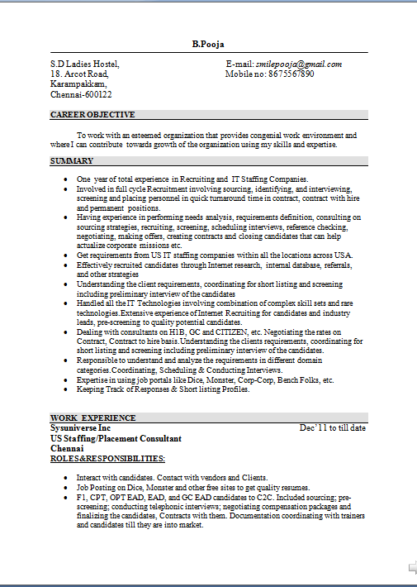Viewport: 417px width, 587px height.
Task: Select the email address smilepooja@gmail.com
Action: tap(299, 64)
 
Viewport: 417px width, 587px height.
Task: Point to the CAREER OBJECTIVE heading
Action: tap(92, 115)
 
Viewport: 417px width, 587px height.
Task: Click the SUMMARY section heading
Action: tap(72, 160)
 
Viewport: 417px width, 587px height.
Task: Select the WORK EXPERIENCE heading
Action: tap(93, 418)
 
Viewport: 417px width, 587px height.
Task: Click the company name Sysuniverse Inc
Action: tap(80, 428)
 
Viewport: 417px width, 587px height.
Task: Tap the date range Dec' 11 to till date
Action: tap(332, 428)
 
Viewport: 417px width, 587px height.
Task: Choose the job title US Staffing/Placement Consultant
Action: tap(116, 438)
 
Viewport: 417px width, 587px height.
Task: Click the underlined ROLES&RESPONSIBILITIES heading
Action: tap(107, 458)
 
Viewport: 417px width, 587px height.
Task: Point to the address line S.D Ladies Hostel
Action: tap(85, 64)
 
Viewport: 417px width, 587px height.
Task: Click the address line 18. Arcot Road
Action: tap(79, 74)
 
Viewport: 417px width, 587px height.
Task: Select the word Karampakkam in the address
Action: tap(78, 84)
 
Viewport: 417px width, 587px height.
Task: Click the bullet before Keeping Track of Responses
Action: tap(67, 389)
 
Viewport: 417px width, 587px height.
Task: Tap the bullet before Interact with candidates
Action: tap(67, 479)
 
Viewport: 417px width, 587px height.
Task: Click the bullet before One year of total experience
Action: tap(67, 179)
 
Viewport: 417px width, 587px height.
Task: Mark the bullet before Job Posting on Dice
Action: tap(67, 489)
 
